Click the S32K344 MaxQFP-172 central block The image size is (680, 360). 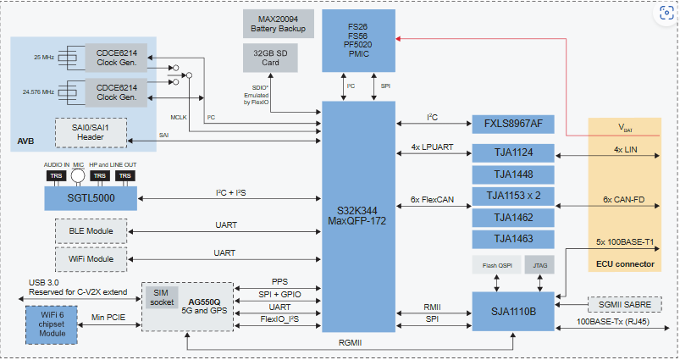[x=357, y=216]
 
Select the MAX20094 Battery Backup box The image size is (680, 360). [x=278, y=23]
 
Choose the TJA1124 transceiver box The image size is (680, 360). [x=513, y=153]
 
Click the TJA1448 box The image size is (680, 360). [x=513, y=174]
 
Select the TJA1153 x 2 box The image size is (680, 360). [x=513, y=196]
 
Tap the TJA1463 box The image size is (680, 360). [x=513, y=239]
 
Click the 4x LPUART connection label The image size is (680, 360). [x=433, y=147]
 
